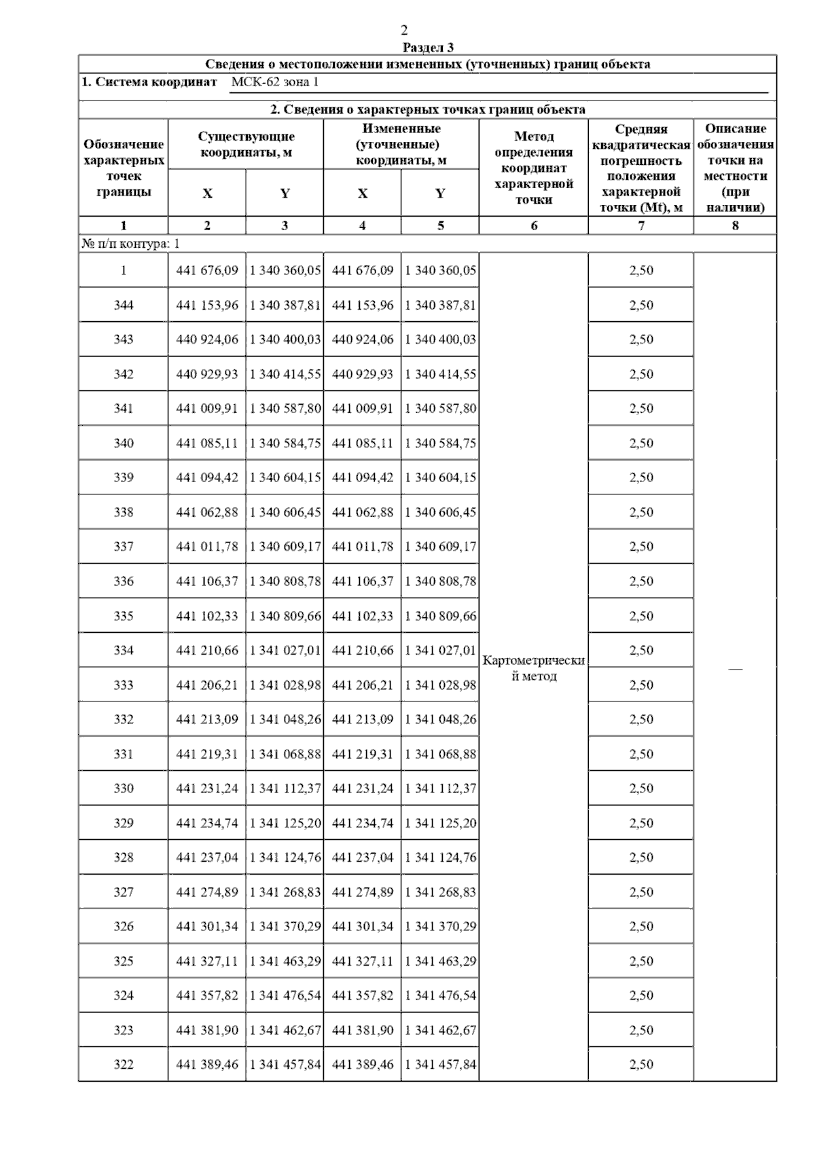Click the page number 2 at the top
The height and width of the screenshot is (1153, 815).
tap(404, 30)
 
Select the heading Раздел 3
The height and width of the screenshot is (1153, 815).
tap(428, 48)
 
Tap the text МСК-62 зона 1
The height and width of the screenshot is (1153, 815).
tap(274, 82)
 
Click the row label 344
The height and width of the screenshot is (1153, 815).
tap(124, 305)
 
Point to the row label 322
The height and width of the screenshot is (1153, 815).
tap(124, 1064)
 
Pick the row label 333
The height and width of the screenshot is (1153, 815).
tap(124, 684)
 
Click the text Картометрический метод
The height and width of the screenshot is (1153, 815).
tap(534, 668)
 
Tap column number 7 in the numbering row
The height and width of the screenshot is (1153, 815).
tap(641, 225)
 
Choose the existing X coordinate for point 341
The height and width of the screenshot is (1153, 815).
tap(207, 408)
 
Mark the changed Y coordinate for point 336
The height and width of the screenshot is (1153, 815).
tap(440, 581)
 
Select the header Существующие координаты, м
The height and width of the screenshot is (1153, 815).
tap(246, 144)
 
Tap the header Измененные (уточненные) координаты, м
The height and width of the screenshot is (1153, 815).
tap(401, 144)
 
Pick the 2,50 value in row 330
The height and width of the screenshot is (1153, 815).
tap(641, 788)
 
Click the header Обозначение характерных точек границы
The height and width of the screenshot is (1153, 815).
tap(124, 168)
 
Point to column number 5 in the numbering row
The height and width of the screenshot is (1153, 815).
tap(440, 225)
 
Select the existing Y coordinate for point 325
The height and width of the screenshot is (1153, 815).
tap(285, 961)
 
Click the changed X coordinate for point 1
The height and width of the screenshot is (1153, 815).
tap(363, 270)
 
